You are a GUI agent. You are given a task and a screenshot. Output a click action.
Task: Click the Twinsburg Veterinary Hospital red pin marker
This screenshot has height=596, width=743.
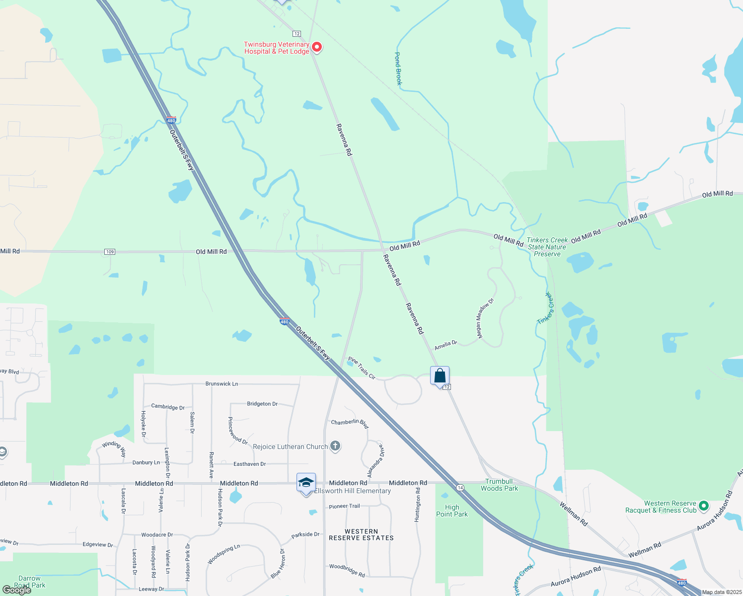tap(316, 47)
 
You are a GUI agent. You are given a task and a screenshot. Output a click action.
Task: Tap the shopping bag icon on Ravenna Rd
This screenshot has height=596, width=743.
tap(440, 376)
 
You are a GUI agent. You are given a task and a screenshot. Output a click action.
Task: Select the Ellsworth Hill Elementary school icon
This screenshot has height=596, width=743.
tap(306, 483)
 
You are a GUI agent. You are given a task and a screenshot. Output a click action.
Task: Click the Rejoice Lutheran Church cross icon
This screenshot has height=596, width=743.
tap(335, 446)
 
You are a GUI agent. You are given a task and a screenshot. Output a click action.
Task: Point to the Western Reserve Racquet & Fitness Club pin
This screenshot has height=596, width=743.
tap(703, 506)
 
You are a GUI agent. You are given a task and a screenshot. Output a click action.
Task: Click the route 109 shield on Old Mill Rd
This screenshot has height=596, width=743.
tap(110, 252)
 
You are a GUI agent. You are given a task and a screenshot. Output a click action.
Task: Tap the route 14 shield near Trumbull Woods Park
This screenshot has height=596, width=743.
tap(460, 488)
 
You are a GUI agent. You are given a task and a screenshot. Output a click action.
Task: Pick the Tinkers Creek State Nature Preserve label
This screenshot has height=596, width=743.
tap(547, 247)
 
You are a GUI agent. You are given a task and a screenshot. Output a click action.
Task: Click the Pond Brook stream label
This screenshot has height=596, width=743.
tap(398, 69)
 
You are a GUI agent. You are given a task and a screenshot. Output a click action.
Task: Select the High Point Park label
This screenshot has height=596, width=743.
tap(452, 511)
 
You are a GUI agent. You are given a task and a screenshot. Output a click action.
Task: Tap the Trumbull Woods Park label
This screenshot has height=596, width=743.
tap(499, 485)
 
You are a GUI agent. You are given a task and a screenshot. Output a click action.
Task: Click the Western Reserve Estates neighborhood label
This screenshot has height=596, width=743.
tap(361, 534)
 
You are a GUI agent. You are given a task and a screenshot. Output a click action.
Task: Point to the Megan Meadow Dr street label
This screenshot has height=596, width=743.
tap(485, 318)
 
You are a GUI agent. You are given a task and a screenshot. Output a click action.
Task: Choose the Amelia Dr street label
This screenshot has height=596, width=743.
tap(446, 345)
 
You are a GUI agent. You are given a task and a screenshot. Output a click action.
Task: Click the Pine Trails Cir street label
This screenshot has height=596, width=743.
tap(362, 368)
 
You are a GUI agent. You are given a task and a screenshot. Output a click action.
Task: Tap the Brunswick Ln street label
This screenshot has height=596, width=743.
tap(222, 384)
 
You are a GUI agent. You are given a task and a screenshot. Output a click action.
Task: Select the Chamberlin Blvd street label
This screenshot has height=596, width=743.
tap(350, 423)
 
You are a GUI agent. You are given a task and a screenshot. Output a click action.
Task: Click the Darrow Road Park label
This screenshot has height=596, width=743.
tap(30, 582)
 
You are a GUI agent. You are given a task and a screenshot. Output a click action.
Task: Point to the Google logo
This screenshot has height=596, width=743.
tap(16, 590)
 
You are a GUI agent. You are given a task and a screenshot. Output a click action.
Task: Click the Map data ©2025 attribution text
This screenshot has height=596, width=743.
tap(722, 592)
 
